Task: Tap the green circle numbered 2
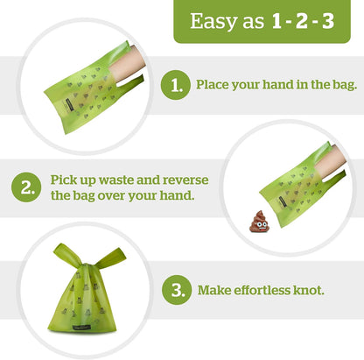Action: [x=26, y=186]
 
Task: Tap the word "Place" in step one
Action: [x=213, y=85]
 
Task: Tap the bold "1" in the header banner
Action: [x=278, y=21]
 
